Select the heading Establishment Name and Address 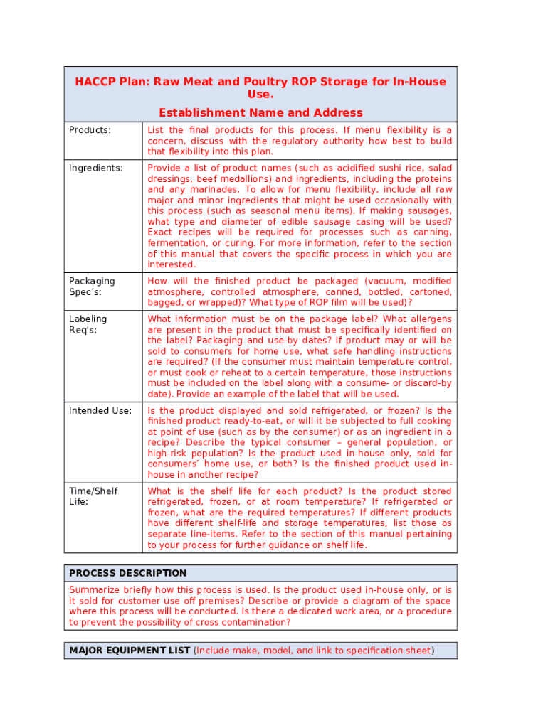[x=260, y=112]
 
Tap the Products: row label [x=90, y=130]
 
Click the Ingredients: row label [x=95, y=168]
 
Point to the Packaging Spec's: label [x=92, y=287]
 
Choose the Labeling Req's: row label [x=88, y=324]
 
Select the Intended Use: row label [x=100, y=411]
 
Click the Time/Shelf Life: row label [x=93, y=496]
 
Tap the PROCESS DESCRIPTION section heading [x=127, y=573]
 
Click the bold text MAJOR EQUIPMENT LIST [x=130, y=651]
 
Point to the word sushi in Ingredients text [x=372, y=168]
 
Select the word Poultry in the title [x=241, y=82]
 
